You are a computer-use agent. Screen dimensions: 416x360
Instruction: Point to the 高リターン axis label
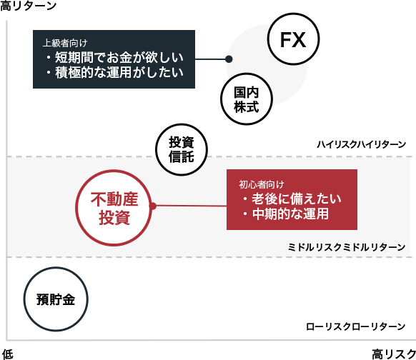click(28, 6)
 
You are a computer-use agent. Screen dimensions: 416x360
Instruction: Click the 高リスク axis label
click(394, 354)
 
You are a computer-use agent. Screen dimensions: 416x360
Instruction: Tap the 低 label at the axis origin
click(8, 354)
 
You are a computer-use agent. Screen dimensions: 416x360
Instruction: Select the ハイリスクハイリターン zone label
click(362, 144)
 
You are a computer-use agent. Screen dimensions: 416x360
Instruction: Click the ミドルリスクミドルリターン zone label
click(347, 247)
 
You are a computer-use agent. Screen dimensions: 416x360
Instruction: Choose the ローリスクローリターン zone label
click(355, 326)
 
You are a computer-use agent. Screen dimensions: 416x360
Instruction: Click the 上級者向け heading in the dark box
click(65, 43)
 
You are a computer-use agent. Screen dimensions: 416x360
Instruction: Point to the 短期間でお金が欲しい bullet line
click(114, 58)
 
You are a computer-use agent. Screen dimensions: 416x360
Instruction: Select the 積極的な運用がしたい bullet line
click(114, 72)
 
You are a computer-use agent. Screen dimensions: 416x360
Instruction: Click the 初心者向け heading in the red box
click(262, 184)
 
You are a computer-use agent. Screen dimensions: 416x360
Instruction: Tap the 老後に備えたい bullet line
click(292, 199)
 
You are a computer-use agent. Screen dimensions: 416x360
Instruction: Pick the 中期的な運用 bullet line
click(286, 214)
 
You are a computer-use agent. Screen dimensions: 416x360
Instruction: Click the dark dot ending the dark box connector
click(229, 59)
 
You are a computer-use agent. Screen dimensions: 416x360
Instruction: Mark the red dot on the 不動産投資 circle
click(152, 206)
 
